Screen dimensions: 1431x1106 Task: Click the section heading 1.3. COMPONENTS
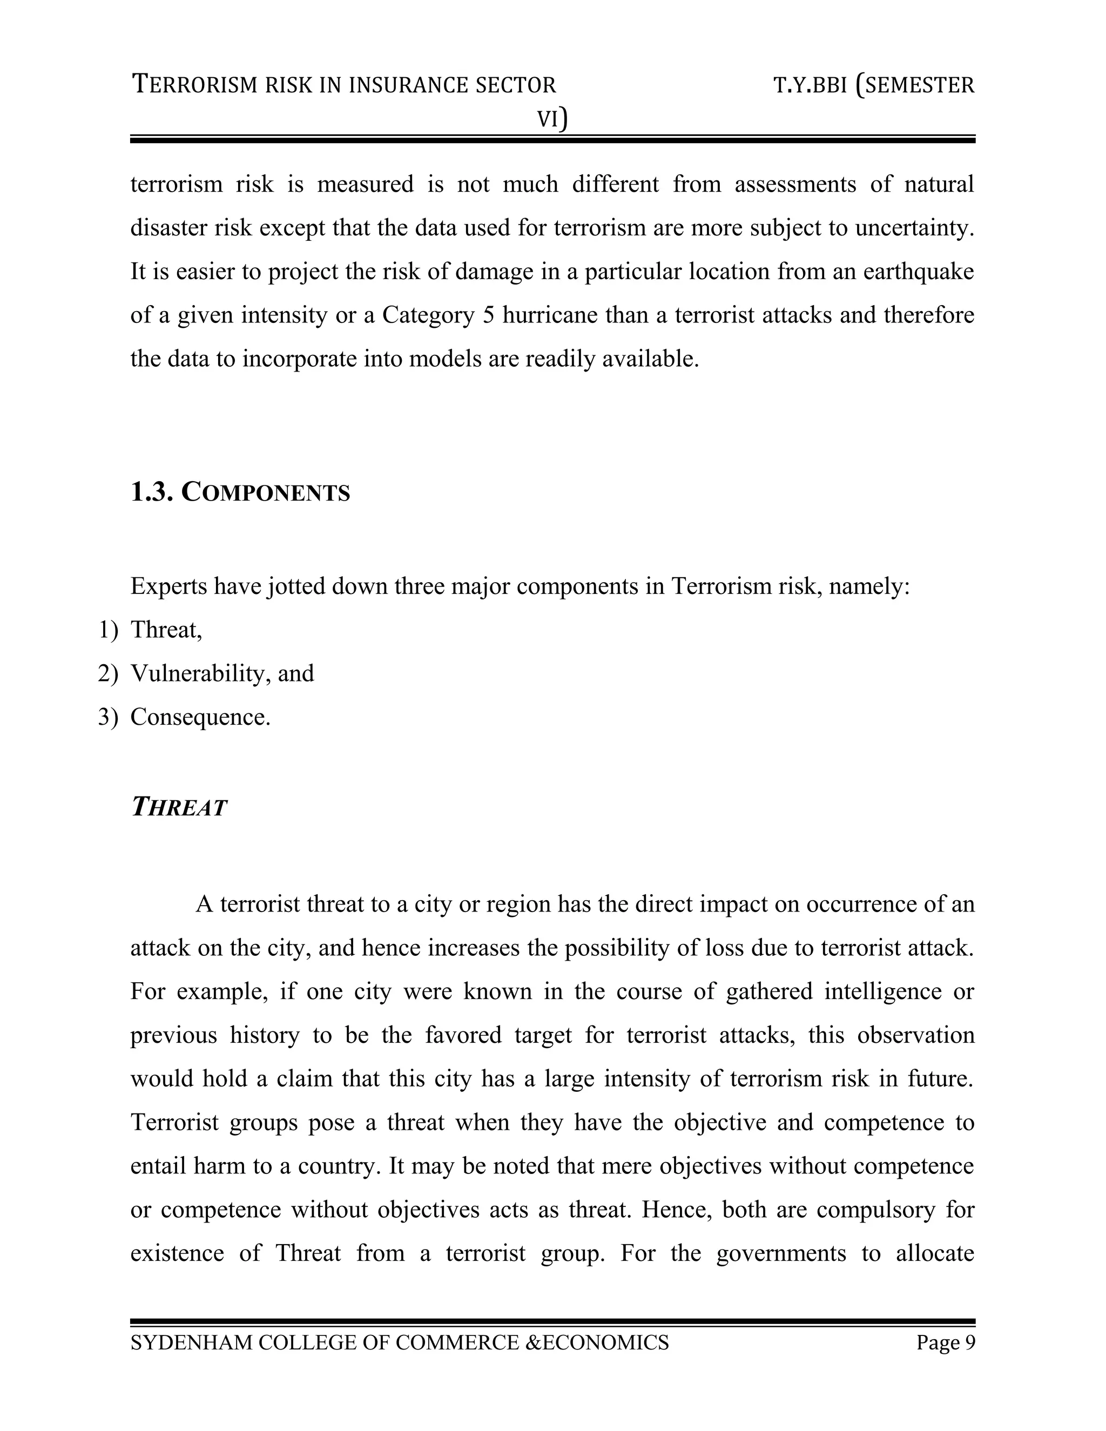(240, 492)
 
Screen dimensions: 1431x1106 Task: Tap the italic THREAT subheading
(178, 807)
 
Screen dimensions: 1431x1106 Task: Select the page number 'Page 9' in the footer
(946, 1342)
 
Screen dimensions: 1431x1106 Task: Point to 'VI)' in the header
(552, 119)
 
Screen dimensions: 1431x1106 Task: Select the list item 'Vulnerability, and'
(222, 673)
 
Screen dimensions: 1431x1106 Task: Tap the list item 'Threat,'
(166, 630)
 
